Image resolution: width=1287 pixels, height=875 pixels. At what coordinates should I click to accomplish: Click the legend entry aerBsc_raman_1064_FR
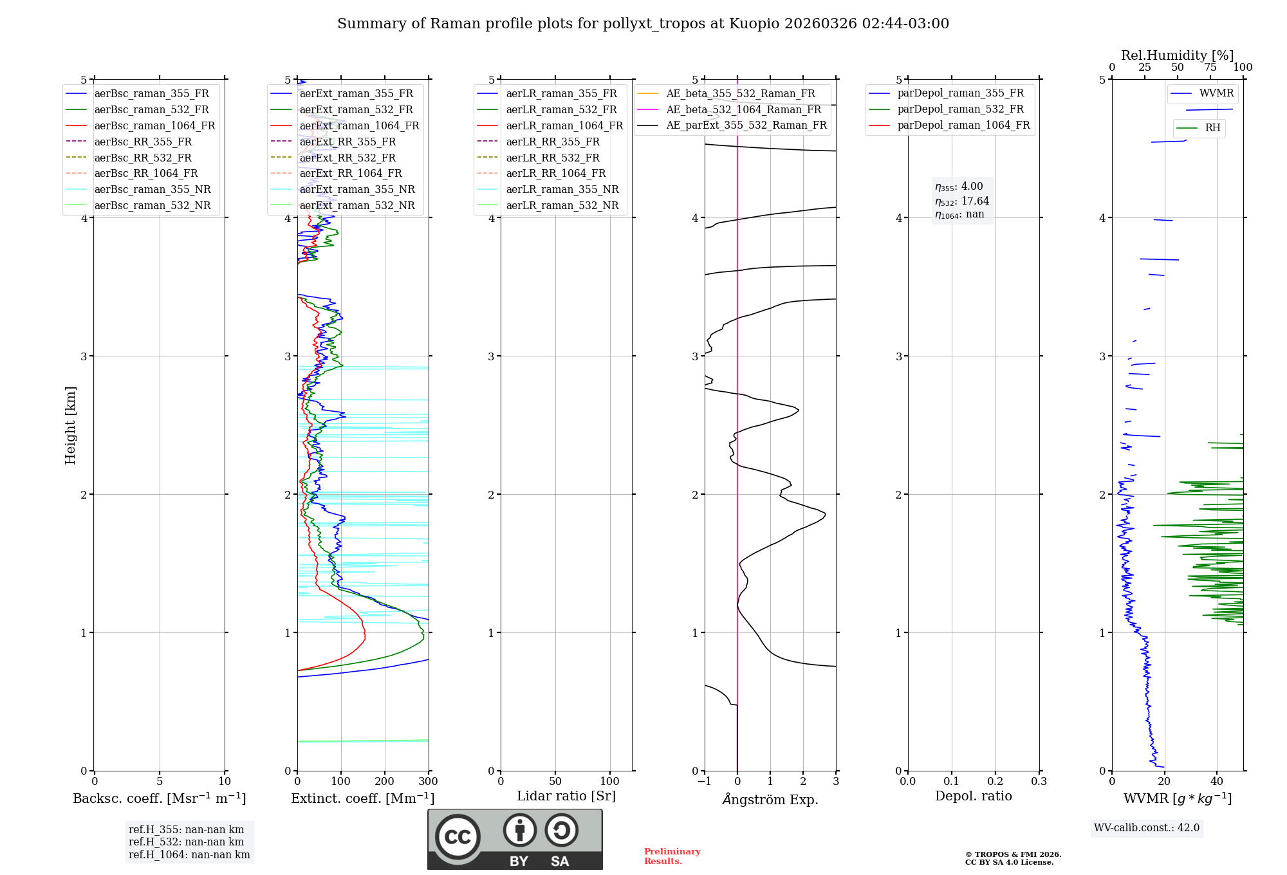tap(154, 126)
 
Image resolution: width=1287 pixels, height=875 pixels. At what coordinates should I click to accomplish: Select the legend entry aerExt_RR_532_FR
tap(347, 158)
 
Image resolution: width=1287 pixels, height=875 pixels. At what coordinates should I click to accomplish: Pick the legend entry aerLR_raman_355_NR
tap(562, 190)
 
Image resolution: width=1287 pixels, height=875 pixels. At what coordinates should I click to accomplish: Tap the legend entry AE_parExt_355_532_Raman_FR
tap(746, 125)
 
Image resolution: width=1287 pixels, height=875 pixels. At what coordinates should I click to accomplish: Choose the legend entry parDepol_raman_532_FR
tap(960, 109)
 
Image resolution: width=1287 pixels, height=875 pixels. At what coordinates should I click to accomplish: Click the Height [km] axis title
tap(70, 425)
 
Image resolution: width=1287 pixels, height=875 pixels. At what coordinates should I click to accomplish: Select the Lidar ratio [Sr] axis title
tap(566, 796)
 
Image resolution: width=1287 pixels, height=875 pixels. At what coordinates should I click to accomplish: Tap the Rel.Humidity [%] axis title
tap(1177, 55)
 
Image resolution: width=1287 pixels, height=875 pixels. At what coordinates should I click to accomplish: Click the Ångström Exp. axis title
tap(770, 799)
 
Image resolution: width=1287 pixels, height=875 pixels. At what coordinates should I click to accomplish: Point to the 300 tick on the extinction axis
tap(429, 782)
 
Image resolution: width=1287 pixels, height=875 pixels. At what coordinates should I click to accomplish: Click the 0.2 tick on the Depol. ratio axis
tap(995, 782)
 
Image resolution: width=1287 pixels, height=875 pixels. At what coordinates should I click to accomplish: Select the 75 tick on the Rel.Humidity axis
tap(1210, 68)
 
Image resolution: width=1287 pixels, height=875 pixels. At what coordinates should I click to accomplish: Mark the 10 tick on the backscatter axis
tap(225, 782)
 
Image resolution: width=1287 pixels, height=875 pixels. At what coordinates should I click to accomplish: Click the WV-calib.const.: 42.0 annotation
tap(1147, 828)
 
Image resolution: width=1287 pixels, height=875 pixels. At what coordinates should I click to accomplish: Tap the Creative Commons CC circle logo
tap(458, 837)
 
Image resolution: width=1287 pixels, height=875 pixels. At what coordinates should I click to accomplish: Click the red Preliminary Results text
tap(672, 856)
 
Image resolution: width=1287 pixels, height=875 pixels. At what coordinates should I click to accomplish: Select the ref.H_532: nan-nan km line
tap(186, 842)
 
